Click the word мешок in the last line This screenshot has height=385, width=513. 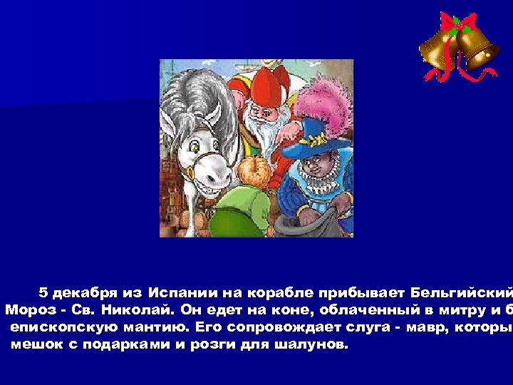(x=34, y=344)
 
